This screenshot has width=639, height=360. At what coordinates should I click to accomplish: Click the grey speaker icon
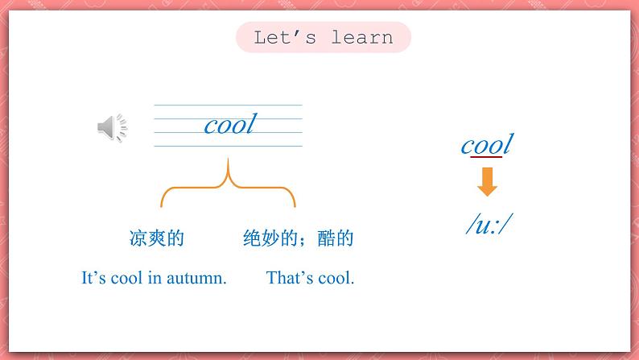pyautogui.click(x=112, y=127)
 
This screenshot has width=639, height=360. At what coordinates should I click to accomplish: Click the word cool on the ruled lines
pyautogui.click(x=229, y=125)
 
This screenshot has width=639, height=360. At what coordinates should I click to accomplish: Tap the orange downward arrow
pyautogui.click(x=487, y=182)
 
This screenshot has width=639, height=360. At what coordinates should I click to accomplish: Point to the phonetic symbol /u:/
pyautogui.click(x=489, y=226)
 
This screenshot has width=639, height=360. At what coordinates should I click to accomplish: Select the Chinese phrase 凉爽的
pyautogui.click(x=157, y=238)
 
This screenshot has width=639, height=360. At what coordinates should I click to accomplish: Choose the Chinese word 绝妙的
pyautogui.click(x=270, y=238)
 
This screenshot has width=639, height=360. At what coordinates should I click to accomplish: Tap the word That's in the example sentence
pyautogui.click(x=291, y=279)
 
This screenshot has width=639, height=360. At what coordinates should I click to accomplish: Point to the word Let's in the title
pyautogui.click(x=282, y=38)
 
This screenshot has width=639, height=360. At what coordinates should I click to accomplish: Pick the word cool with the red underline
pyautogui.click(x=486, y=145)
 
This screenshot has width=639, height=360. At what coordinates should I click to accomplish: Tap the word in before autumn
pyautogui.click(x=155, y=279)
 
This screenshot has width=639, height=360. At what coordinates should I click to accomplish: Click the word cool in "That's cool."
pyautogui.click(x=337, y=279)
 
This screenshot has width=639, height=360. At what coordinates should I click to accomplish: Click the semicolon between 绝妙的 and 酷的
pyautogui.click(x=315, y=239)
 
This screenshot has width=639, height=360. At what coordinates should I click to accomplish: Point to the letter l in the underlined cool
pyautogui.click(x=508, y=145)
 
